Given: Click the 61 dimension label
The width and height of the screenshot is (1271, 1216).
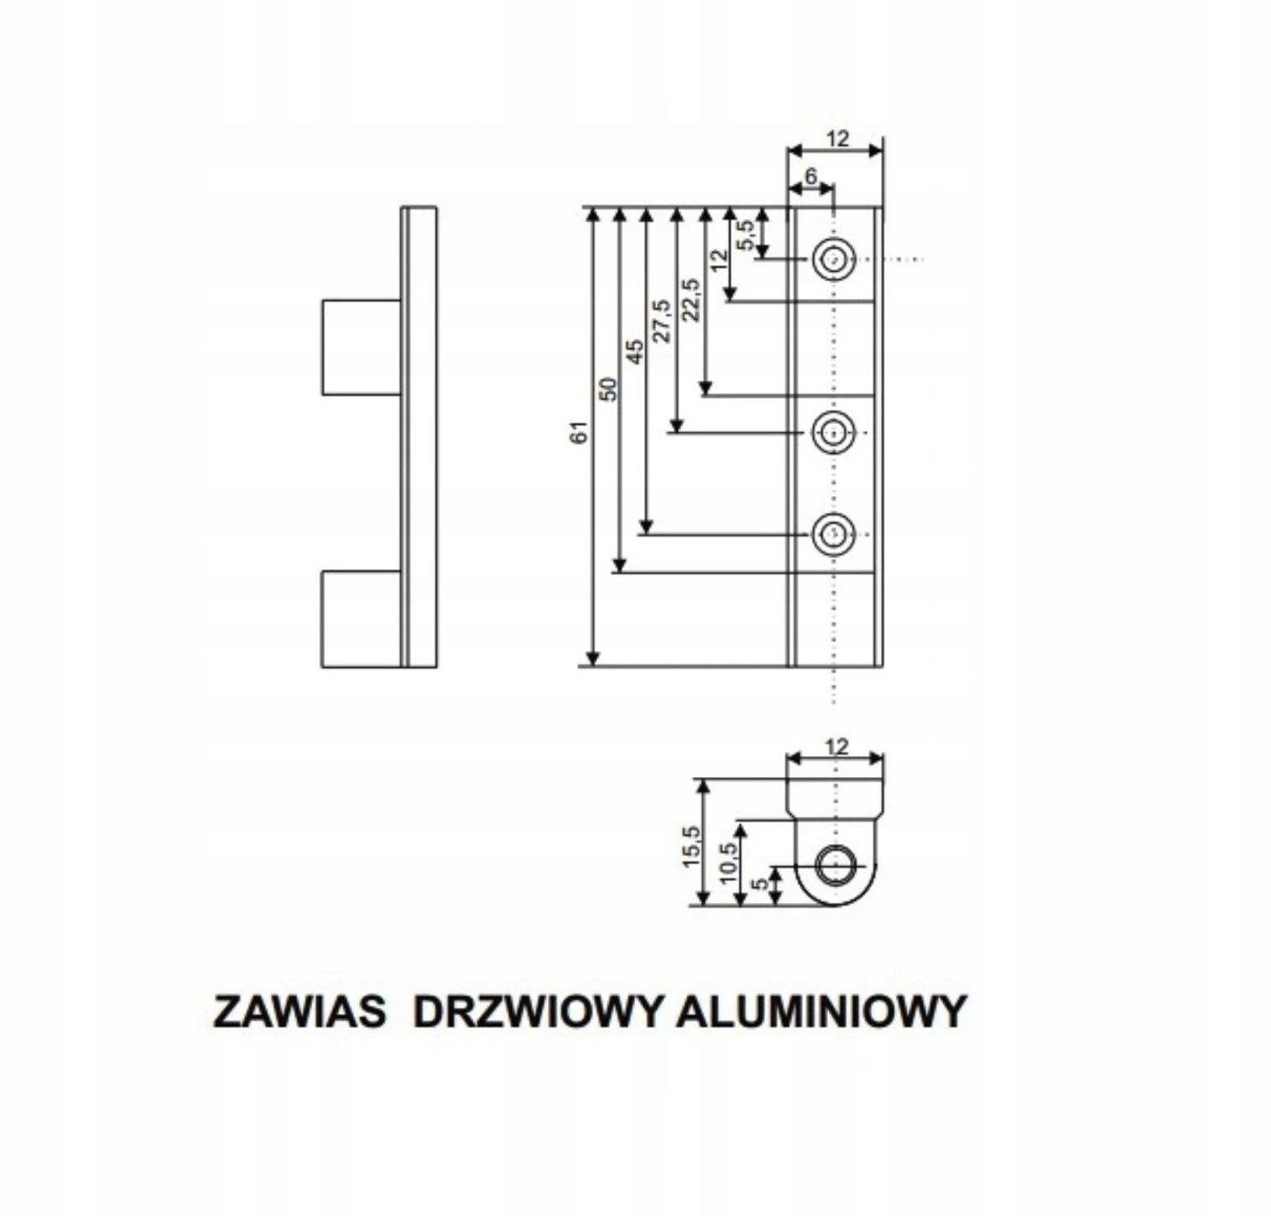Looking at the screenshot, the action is pyautogui.click(x=580, y=432).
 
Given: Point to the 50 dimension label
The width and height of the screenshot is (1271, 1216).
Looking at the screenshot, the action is pyautogui.click(x=608, y=389).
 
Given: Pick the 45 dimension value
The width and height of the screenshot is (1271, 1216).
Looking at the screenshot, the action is pyautogui.click(x=635, y=351).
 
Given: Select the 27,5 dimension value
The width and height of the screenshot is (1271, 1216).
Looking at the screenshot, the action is pyautogui.click(x=662, y=320).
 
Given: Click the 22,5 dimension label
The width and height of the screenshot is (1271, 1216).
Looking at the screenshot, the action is pyautogui.click(x=690, y=300).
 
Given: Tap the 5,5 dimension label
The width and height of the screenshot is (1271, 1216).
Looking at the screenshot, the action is pyautogui.click(x=745, y=234).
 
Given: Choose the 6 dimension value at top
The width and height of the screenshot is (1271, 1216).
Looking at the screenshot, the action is pyautogui.click(x=810, y=176).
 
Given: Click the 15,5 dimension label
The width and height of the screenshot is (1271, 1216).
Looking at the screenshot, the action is pyautogui.click(x=690, y=846).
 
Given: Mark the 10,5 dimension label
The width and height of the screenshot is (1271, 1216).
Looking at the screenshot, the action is pyautogui.click(x=727, y=860).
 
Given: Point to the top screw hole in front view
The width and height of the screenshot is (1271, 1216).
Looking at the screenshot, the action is pyautogui.click(x=833, y=259).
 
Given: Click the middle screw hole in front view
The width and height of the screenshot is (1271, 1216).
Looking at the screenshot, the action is pyautogui.click(x=833, y=433).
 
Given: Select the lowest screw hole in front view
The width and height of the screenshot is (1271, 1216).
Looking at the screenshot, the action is pyautogui.click(x=833, y=534).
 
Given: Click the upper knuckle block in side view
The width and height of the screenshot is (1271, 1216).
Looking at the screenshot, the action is pyautogui.click(x=362, y=347).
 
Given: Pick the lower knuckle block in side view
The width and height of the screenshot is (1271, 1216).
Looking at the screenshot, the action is pyautogui.click(x=362, y=618).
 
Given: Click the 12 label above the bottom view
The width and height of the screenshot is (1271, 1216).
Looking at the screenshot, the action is pyautogui.click(x=836, y=745).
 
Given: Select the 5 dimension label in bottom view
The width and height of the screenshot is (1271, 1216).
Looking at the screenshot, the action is pyautogui.click(x=761, y=885).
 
